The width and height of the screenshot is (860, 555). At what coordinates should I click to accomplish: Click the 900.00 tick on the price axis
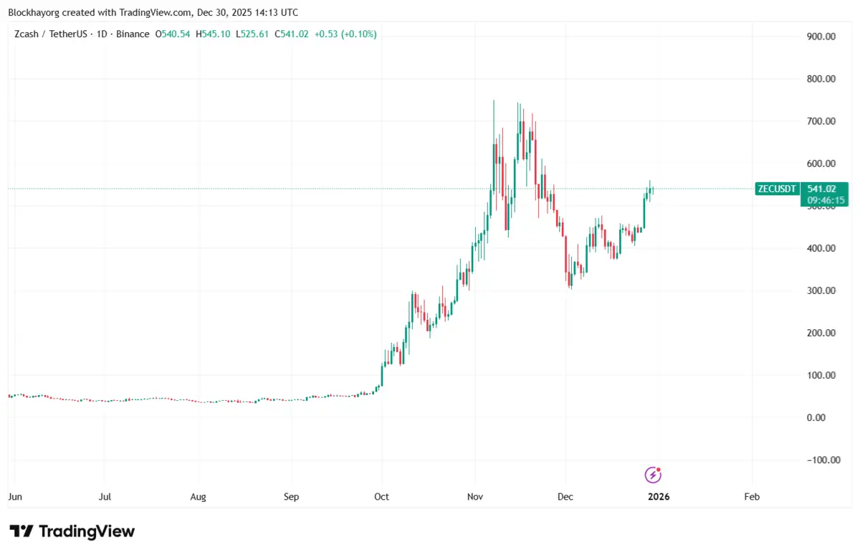(x=821, y=37)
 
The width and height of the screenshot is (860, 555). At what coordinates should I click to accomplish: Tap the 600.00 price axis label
(x=821, y=163)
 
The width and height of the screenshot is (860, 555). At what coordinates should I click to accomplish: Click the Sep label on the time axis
(x=291, y=496)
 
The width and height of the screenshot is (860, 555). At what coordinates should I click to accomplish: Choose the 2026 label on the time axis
(x=658, y=496)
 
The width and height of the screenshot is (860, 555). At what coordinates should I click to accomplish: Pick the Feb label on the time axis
(x=752, y=496)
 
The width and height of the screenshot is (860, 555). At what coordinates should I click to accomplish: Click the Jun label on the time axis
(x=14, y=496)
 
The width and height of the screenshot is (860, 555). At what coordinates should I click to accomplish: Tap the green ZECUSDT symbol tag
(x=776, y=189)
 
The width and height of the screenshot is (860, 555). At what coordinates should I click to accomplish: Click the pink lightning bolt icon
(x=653, y=474)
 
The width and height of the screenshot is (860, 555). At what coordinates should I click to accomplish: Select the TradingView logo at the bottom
(x=72, y=531)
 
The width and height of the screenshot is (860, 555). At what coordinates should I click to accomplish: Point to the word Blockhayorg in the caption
(x=34, y=12)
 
